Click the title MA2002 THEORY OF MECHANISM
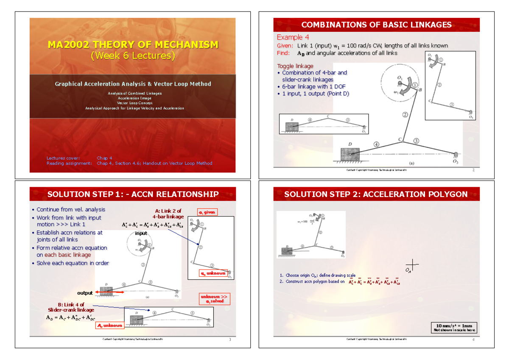click(x=133, y=45)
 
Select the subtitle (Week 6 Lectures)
click(x=133, y=56)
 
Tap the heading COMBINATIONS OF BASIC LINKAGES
click(x=376, y=25)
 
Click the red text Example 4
click(x=290, y=37)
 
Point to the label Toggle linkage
click(x=295, y=66)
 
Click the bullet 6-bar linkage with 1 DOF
click(x=311, y=87)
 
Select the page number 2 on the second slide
click(x=473, y=170)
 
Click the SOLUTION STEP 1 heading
click(x=133, y=194)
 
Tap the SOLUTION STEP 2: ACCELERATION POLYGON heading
click(x=376, y=194)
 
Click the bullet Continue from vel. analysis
click(x=70, y=209)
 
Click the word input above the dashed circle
click(x=141, y=233)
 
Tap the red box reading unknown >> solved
click(x=214, y=299)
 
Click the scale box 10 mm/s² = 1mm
click(x=454, y=327)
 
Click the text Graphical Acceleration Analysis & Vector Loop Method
click(x=133, y=84)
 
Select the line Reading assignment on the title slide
click(x=129, y=163)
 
